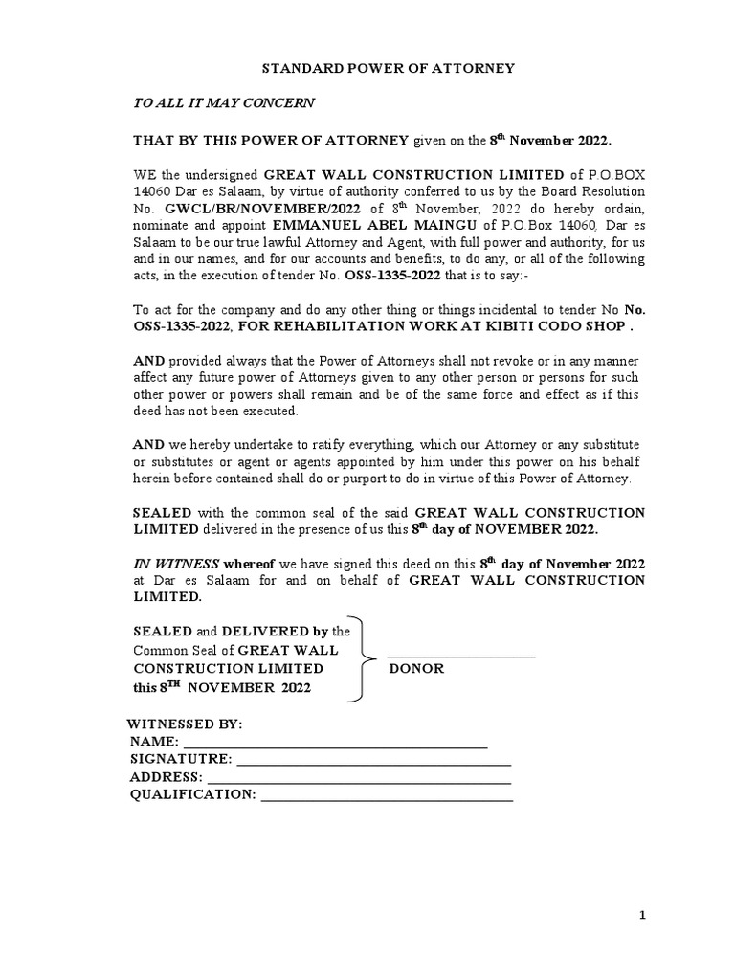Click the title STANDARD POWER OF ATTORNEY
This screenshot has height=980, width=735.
(x=389, y=68)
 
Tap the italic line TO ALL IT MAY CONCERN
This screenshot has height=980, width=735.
(x=223, y=102)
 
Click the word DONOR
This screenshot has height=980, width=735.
(x=416, y=668)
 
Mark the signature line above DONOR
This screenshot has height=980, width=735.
(x=460, y=657)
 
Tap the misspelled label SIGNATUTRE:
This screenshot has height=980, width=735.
(x=180, y=759)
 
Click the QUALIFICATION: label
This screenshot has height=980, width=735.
(x=192, y=794)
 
